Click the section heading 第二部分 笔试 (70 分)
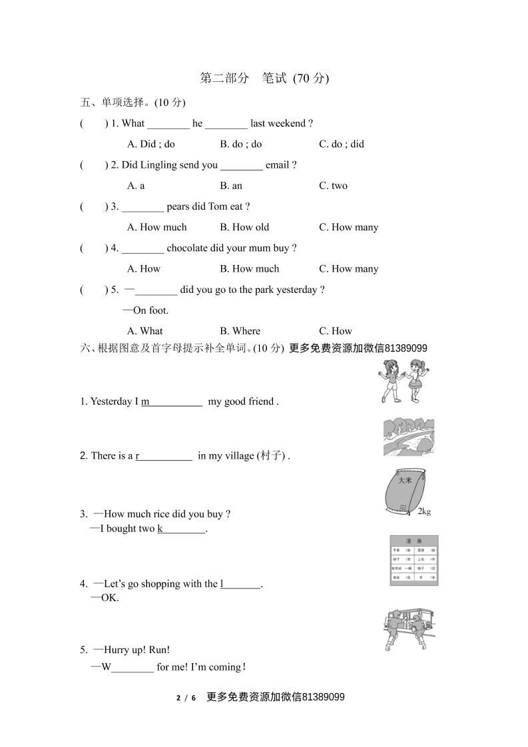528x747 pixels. pos(264,78)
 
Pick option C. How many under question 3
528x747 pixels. pos(348,227)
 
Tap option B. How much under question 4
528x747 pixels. pos(250,269)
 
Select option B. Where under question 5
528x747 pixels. pos(240,331)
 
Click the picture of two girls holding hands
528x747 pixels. pos(403,380)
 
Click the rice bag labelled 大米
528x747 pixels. pos(405,491)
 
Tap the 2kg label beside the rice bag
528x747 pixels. pos(424,511)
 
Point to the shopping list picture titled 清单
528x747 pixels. pos(413,561)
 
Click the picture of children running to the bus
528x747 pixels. pos(409,628)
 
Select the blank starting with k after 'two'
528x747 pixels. pos(181,529)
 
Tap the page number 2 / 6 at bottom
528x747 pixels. pos(186,698)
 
